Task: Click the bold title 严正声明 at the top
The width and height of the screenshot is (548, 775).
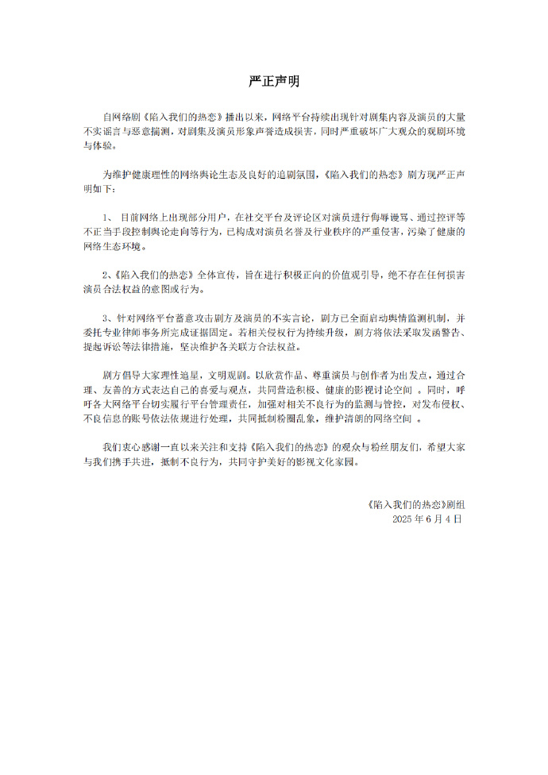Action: click(x=273, y=82)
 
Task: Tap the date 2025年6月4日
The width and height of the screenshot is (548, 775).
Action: click(x=426, y=519)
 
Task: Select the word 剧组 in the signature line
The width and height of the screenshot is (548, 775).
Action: click(x=457, y=504)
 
